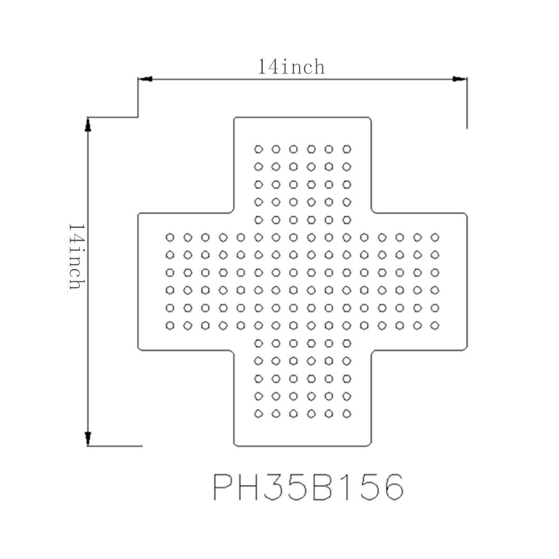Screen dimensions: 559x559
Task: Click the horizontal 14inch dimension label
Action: (291, 67)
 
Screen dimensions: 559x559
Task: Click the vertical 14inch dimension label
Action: (76, 256)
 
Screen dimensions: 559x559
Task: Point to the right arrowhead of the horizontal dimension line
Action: (459, 79)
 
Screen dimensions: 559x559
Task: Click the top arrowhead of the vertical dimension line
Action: (88, 125)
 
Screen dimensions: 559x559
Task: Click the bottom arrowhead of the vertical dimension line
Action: (88, 439)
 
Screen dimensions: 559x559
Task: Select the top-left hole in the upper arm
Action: (259, 149)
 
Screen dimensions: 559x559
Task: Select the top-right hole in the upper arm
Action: (347, 149)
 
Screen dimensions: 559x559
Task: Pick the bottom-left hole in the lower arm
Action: (259, 414)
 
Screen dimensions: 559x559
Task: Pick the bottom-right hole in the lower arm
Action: (347, 414)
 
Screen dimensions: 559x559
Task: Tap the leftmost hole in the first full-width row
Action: (170, 238)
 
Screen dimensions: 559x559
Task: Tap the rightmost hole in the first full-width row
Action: (435, 238)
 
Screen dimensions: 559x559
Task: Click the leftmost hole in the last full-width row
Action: (170, 326)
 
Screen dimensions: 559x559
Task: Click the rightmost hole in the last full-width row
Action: (435, 326)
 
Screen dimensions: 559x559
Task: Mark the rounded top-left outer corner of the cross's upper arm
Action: (235, 118)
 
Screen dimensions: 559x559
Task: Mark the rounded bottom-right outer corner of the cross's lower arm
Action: (370, 444)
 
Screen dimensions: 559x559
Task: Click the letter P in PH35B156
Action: (223, 487)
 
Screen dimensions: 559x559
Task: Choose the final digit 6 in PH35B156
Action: (394, 487)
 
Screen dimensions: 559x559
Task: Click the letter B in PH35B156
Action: (322, 487)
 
